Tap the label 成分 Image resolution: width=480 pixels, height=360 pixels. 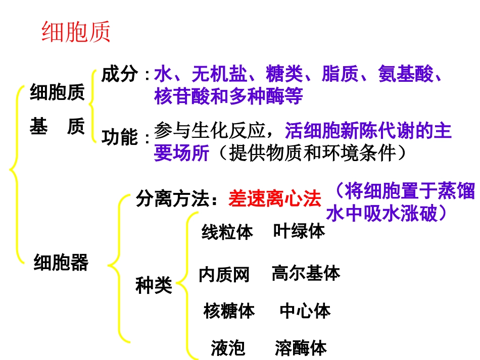[x=120, y=75]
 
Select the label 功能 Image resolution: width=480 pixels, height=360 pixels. [x=120, y=137]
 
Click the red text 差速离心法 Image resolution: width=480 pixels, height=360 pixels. [x=274, y=198]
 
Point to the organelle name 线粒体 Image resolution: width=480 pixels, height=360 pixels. [x=227, y=233]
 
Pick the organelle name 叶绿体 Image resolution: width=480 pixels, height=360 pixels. [x=299, y=231]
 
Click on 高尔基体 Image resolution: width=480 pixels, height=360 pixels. [x=306, y=273]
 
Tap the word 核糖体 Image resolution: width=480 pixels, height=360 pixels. [x=229, y=311]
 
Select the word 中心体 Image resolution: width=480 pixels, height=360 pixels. [x=305, y=311]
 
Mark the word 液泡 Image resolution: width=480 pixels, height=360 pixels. [x=228, y=348]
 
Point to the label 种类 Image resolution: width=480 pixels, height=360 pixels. [x=154, y=286]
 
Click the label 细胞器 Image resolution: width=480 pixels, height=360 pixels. [x=61, y=262]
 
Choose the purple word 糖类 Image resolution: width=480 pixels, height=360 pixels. [x=284, y=75]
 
